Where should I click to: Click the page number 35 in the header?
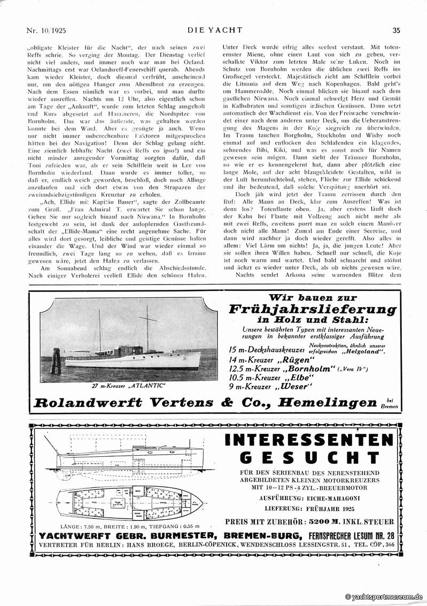[396, 30]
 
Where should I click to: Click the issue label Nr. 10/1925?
[50, 30]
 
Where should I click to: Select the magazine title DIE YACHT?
[214, 30]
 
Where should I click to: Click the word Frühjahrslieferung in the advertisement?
[313, 310]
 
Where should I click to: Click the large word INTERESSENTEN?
[308, 441]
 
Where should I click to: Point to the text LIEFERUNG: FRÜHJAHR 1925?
[308, 509]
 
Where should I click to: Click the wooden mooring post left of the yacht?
[55, 363]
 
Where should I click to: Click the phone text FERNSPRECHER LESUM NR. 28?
[347, 536]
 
